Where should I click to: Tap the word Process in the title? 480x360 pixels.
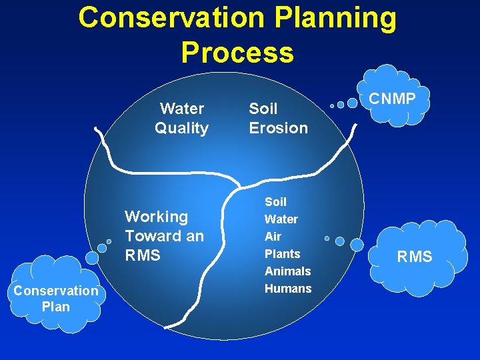237,53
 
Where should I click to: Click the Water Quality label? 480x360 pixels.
182,118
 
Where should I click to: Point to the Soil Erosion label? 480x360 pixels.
278,118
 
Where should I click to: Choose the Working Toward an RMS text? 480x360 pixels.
164,235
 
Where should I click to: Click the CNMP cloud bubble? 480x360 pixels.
393,99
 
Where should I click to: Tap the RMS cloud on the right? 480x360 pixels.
415,257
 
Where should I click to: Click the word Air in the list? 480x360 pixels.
273,236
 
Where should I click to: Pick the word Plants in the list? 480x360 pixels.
282,253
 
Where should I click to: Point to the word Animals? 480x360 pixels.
287,271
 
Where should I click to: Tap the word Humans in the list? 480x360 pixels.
288,288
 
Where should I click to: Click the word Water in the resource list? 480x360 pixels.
281,219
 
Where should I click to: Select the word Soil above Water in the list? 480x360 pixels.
275,201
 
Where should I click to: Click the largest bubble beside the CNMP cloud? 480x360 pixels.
352,103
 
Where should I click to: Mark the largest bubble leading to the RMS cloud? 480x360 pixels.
357,245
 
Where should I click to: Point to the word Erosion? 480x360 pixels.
278,127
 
